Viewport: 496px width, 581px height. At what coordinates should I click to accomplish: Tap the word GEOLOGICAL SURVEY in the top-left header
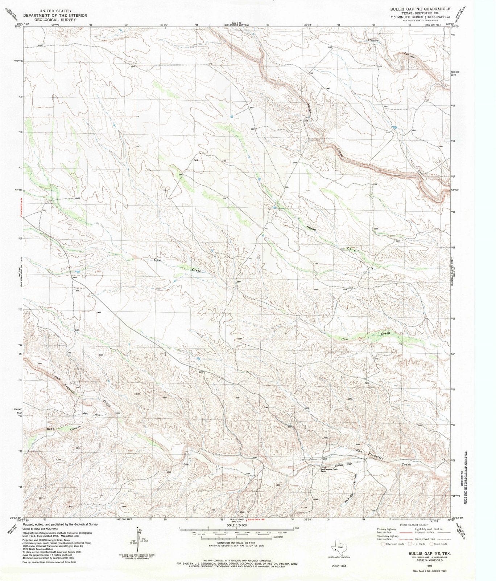click(x=55, y=20)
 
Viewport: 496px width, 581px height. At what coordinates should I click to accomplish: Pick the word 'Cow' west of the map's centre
click(x=157, y=260)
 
